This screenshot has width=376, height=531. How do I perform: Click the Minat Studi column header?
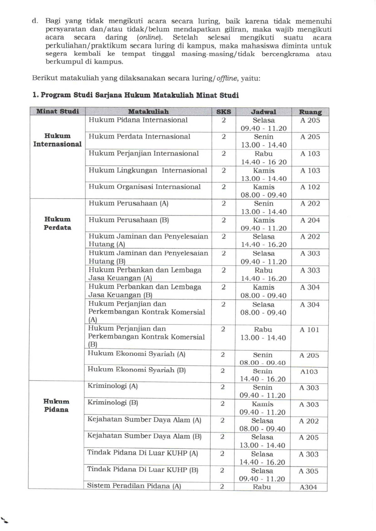point(58,111)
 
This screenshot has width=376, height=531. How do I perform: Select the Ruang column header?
point(310,112)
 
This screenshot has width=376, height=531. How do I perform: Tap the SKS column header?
point(224,112)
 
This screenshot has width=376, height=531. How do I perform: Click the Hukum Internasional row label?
point(57,140)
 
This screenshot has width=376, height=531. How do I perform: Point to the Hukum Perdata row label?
point(57,223)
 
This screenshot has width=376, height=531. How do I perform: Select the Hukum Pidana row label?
point(56,405)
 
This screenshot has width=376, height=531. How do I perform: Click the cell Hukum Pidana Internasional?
point(138,120)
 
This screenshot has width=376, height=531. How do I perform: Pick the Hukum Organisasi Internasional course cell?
point(144,187)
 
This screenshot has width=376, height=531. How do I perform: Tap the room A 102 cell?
point(310,187)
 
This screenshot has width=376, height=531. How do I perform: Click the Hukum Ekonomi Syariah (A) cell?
point(137,354)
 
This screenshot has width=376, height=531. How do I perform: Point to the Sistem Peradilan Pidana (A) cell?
point(134,486)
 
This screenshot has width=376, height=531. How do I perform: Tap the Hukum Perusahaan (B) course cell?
point(129,220)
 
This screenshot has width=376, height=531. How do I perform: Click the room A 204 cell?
point(310,220)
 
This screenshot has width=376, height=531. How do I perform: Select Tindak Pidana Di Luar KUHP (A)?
point(143,453)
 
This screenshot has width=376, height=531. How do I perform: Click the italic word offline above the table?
point(227,79)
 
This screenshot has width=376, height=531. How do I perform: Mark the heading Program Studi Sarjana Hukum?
point(135,95)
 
